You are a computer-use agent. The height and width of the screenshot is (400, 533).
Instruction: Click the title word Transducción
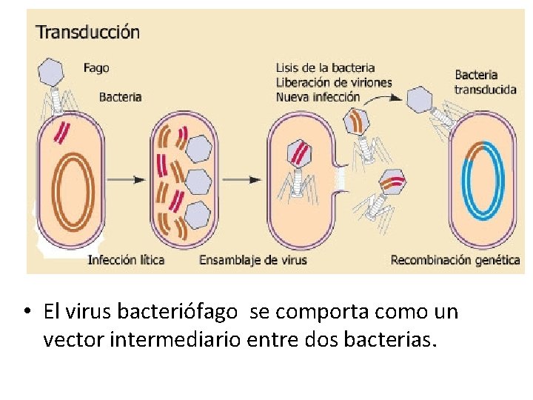point(88,32)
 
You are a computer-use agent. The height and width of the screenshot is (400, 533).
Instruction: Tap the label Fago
point(96,68)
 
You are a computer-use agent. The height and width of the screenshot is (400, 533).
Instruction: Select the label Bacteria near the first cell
point(120,96)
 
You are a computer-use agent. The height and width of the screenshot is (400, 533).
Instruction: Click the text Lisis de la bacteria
point(325,68)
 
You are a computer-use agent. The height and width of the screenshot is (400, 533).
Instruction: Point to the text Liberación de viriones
point(333,82)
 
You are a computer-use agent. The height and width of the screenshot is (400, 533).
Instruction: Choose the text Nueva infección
point(318,97)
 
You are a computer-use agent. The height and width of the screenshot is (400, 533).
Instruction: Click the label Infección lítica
point(126,260)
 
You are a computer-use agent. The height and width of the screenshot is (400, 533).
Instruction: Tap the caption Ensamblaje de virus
point(253,260)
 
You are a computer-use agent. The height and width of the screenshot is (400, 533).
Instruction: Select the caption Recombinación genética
point(455,260)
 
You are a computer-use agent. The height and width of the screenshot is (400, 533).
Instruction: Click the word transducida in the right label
point(486,90)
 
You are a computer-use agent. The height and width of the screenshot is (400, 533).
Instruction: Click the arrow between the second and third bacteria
point(241,180)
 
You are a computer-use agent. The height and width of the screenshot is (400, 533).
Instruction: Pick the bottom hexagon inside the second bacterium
point(198,216)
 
